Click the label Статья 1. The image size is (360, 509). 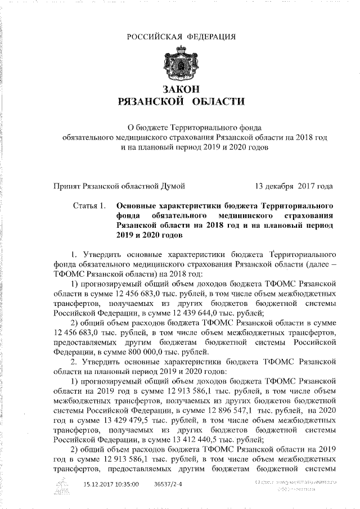88,206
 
